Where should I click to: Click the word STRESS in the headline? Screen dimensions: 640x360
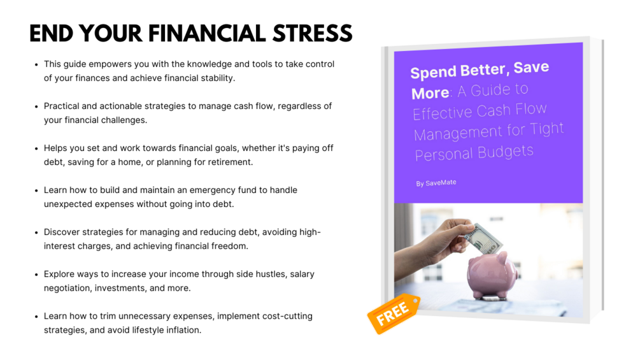click(312, 34)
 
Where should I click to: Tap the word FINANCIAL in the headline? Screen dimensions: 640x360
click(207, 34)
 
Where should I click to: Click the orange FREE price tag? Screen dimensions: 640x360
click(394, 313)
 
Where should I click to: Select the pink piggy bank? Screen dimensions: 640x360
click(493, 274)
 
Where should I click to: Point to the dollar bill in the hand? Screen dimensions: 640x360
click(484, 238)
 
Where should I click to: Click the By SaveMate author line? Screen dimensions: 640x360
click(436, 183)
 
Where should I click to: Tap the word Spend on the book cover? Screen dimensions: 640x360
click(433, 73)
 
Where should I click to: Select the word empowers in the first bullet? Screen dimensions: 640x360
click(109, 64)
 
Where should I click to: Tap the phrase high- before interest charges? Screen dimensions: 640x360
click(310, 232)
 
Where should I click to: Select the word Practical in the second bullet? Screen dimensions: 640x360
click(62, 106)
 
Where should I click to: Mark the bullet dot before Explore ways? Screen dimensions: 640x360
click(36, 275)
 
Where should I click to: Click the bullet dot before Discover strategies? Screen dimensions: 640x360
click(36, 233)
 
